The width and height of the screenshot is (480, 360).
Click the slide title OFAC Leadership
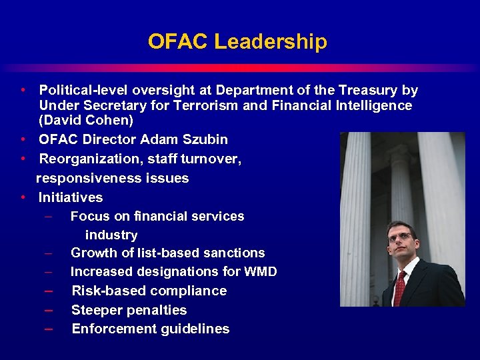pyautogui.click(x=237, y=42)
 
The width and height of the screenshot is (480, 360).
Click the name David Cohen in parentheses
pyautogui.click(x=86, y=121)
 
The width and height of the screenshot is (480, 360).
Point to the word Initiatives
pyautogui.click(x=71, y=197)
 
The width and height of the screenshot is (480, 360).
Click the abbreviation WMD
pyautogui.click(x=261, y=272)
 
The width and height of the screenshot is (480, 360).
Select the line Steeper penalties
pyautogui.click(x=129, y=310)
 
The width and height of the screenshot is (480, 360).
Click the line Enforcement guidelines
pyautogui.click(x=150, y=329)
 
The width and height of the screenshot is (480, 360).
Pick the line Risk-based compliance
pyautogui.click(x=149, y=291)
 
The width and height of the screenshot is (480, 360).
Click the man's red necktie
pyautogui.click(x=400, y=286)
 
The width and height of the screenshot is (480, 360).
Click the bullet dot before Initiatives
pyautogui.click(x=23, y=197)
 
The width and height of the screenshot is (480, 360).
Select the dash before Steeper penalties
pyautogui.click(x=49, y=310)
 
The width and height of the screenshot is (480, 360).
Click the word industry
pyautogui.click(x=111, y=235)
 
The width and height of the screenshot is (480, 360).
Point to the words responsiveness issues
pyautogui.click(x=112, y=178)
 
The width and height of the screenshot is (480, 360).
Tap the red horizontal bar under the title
pyautogui.click(x=240, y=67)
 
